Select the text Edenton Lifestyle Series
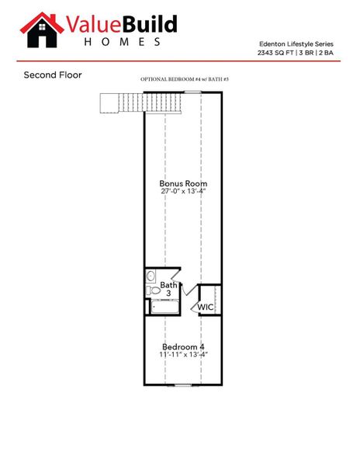[x=303, y=45]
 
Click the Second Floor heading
[x=53, y=75]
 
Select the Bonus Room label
[x=184, y=183]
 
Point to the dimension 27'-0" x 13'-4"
[x=184, y=191]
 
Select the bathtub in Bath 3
[x=164, y=306]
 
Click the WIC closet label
[x=205, y=308]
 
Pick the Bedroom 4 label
[x=183, y=346]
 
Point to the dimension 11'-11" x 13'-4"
[x=183, y=355]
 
